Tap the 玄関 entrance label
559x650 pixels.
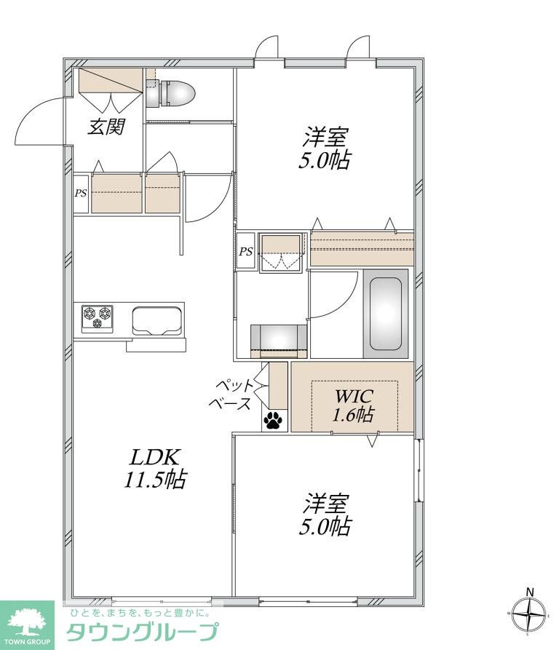(x=106, y=127)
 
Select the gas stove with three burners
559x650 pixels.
(x=98, y=319)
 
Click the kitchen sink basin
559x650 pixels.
(x=157, y=321)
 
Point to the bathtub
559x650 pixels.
(x=386, y=314)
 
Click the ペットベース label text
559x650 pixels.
(x=232, y=394)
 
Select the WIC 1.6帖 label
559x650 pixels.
(x=353, y=405)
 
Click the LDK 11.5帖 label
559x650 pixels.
(x=155, y=469)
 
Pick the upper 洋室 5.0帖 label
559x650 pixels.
(x=325, y=148)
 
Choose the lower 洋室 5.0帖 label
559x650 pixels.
(x=325, y=515)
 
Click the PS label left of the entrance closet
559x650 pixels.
(x=81, y=193)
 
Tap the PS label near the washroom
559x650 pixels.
(x=246, y=252)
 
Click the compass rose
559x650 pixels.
(x=529, y=614)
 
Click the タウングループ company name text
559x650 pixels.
(x=142, y=633)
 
